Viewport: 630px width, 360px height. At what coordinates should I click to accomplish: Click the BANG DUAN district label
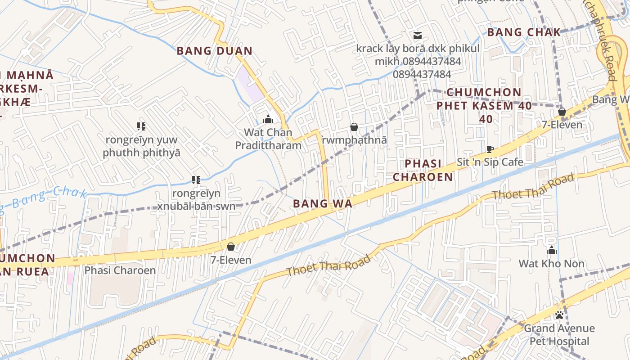[x=214, y=51]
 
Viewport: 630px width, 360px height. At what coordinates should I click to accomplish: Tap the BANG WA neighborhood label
[x=322, y=203]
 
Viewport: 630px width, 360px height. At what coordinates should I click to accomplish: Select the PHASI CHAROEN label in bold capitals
[x=423, y=170]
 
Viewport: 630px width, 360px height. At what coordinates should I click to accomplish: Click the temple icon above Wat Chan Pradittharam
[x=268, y=119]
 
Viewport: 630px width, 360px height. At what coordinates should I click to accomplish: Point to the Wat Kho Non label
[x=551, y=264]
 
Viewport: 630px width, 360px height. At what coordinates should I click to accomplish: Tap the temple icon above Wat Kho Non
[x=552, y=251]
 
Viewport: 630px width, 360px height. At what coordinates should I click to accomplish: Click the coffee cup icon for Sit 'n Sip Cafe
[x=490, y=149]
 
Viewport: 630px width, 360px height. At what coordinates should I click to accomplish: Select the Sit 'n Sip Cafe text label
[x=490, y=162]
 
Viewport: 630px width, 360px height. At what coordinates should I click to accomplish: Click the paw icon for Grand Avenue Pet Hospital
[x=559, y=315]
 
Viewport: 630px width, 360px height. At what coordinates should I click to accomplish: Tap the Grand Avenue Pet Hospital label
[x=559, y=335]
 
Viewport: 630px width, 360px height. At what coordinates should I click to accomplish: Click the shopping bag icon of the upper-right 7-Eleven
[x=562, y=112]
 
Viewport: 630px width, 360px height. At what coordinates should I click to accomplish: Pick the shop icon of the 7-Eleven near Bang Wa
[x=231, y=247]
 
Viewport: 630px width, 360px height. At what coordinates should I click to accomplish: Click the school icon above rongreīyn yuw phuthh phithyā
[x=141, y=126]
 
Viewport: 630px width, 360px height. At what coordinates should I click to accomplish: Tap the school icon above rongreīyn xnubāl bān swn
[x=196, y=180]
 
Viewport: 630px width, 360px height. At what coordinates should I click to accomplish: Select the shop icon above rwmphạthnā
[x=354, y=127]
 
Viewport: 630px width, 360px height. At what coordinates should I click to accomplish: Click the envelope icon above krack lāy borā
[x=418, y=35]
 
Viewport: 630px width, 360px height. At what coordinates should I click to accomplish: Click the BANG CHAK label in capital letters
[x=524, y=32]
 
